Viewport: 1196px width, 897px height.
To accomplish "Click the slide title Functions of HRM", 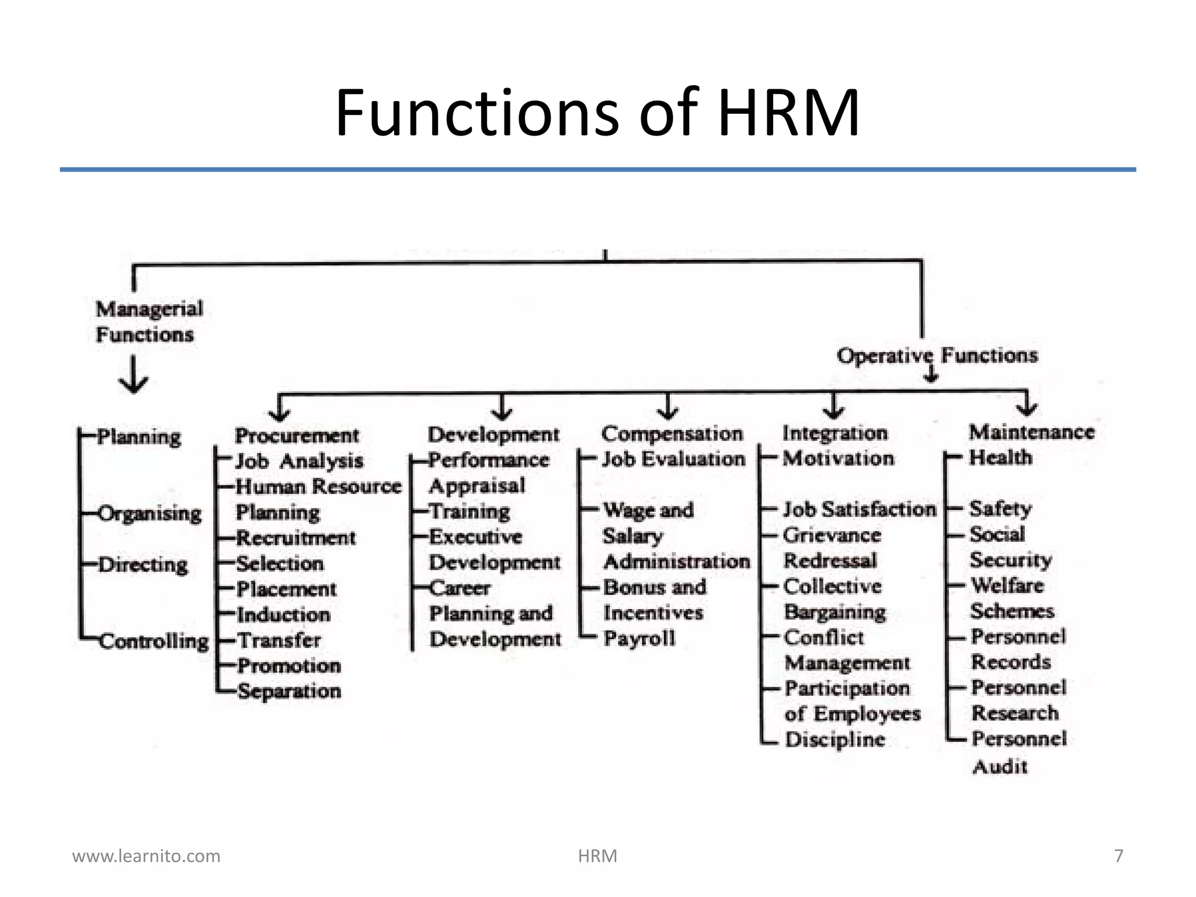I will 597,112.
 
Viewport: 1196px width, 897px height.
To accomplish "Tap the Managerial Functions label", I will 149,321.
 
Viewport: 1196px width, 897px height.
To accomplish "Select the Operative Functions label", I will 937,355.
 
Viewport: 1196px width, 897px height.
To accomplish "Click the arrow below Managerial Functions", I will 134,375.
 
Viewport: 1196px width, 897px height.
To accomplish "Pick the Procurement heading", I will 297,435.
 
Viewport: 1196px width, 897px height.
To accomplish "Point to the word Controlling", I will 154,641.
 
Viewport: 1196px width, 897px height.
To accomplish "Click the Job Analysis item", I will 299,461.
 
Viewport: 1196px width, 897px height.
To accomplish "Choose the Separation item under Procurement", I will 289,691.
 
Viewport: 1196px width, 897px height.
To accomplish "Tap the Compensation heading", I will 672,434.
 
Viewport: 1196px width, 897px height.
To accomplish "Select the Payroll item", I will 639,638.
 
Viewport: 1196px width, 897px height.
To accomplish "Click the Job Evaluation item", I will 674,459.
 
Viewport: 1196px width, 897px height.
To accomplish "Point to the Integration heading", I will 835,433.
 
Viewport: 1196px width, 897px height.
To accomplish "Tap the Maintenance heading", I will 1032,432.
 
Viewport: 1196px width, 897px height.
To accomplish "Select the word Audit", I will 1000,766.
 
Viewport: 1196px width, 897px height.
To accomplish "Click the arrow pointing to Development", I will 502,408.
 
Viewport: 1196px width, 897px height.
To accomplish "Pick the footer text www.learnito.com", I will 146,856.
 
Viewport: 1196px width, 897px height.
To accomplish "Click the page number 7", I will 1118,856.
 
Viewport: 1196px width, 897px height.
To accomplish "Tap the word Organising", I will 149,514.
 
